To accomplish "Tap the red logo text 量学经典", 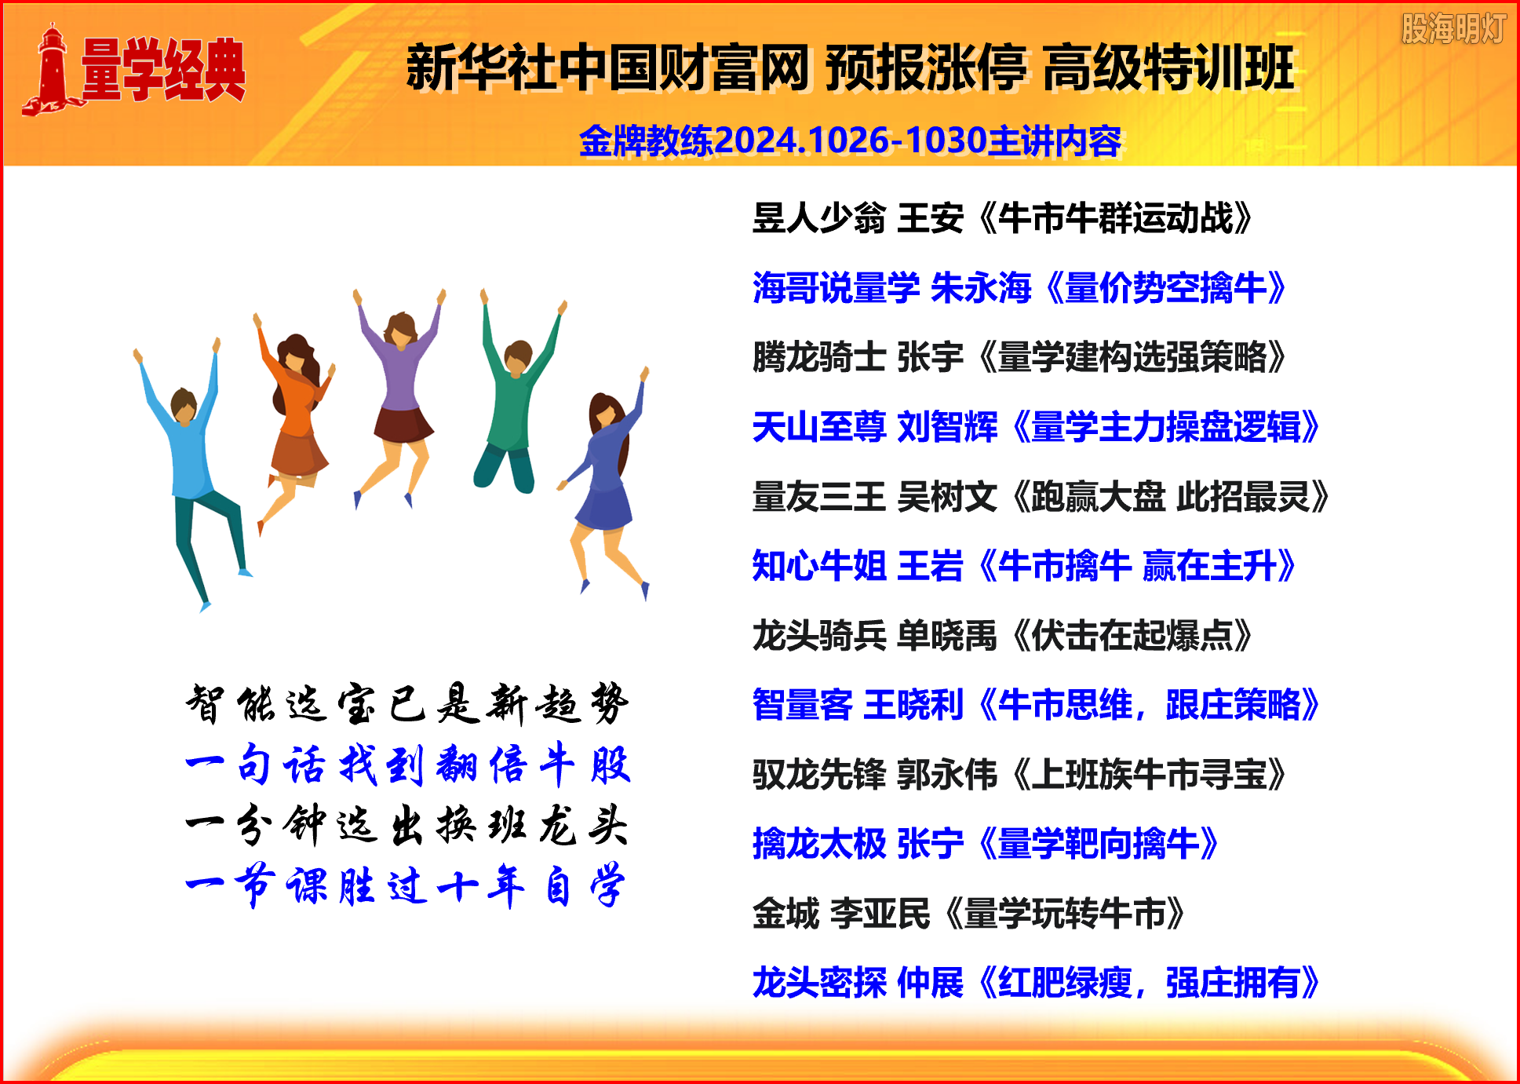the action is (x=163, y=70).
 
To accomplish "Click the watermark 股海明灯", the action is (x=1453, y=29).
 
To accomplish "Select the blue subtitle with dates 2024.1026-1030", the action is (x=850, y=141).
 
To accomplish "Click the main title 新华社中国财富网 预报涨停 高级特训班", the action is (x=850, y=68).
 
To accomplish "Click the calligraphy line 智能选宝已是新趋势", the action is (x=407, y=703).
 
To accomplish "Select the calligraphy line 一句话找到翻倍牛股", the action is (x=408, y=764).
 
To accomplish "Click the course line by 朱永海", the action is (x=1019, y=287).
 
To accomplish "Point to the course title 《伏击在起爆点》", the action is (x=1131, y=635).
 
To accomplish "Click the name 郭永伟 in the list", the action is (x=946, y=774).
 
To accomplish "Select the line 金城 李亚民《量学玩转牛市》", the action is (x=969, y=913).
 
